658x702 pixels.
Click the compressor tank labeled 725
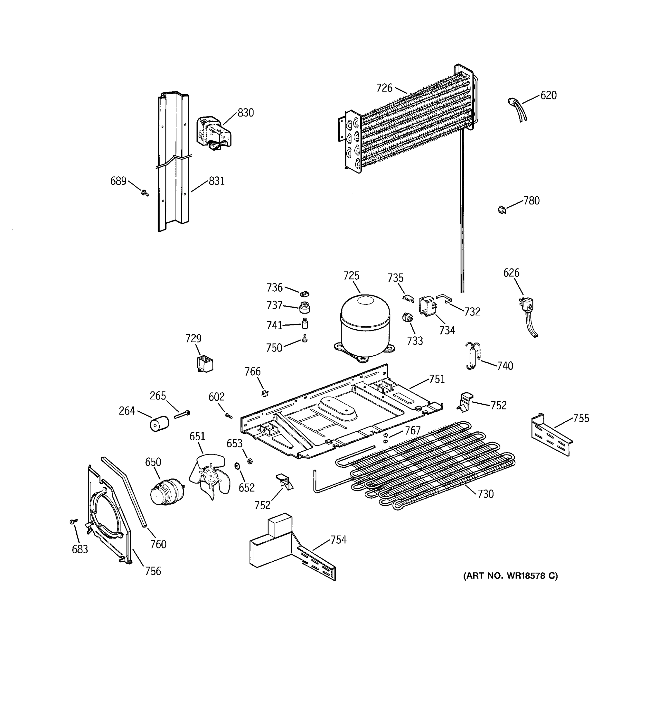[365, 325]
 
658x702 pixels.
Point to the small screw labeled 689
[145, 193]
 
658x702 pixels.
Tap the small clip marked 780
[502, 210]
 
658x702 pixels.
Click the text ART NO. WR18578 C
[510, 576]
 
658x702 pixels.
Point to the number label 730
[485, 494]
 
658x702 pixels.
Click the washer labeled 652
[237, 467]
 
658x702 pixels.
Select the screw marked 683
[74, 521]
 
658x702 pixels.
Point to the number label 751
[437, 379]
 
